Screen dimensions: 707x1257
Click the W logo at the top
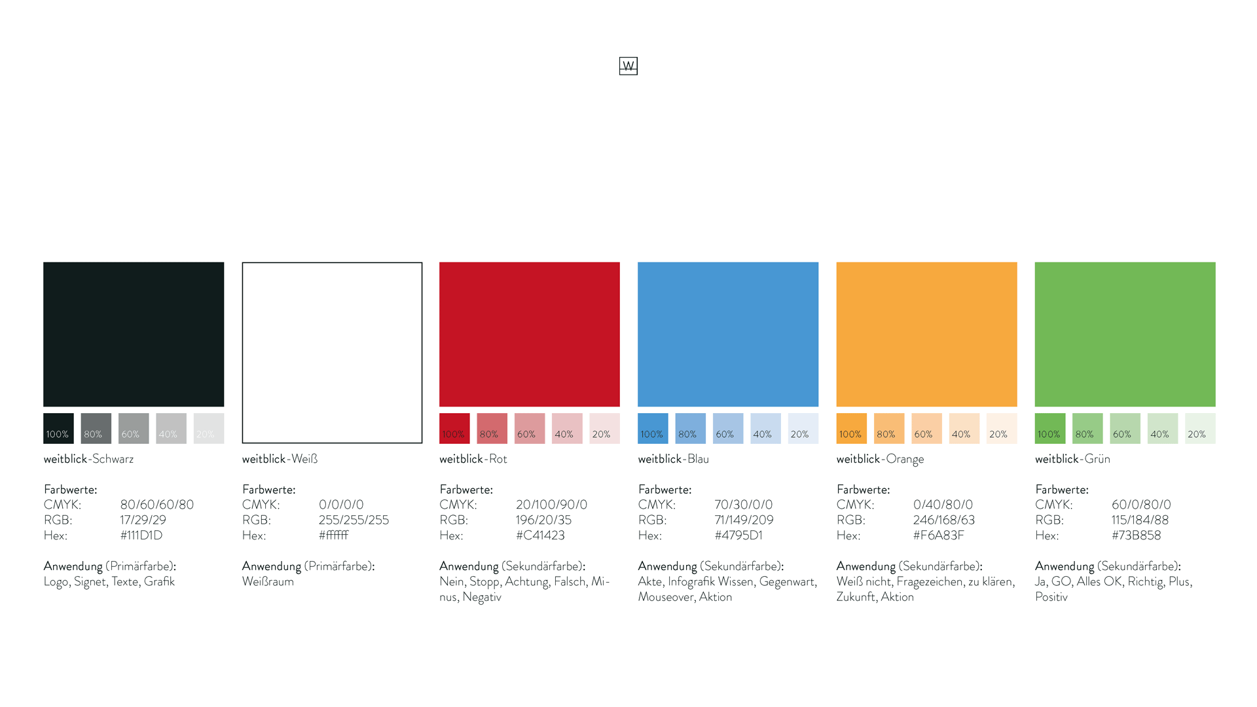(x=628, y=65)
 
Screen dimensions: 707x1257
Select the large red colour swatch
(x=529, y=334)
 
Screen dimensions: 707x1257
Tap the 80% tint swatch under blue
(x=690, y=428)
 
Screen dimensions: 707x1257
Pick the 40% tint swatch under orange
(x=964, y=428)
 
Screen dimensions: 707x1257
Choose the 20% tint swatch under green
(x=1199, y=428)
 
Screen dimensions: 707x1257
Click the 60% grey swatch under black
(x=134, y=428)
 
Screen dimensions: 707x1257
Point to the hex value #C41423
(x=540, y=535)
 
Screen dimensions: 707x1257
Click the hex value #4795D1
(x=738, y=535)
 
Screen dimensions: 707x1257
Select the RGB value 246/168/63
(x=943, y=520)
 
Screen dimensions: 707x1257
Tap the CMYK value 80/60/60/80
(x=157, y=505)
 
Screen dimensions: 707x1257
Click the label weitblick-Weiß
(x=280, y=459)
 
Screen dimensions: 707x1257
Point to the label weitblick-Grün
(x=1072, y=459)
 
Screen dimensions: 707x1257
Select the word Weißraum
(x=268, y=581)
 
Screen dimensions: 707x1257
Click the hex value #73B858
(x=1136, y=535)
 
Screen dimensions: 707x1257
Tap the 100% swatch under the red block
(x=454, y=428)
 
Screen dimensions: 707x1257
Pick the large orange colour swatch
(x=926, y=334)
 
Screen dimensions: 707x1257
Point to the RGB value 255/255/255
(x=354, y=520)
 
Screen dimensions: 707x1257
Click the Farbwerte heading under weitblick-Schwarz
(x=70, y=490)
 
